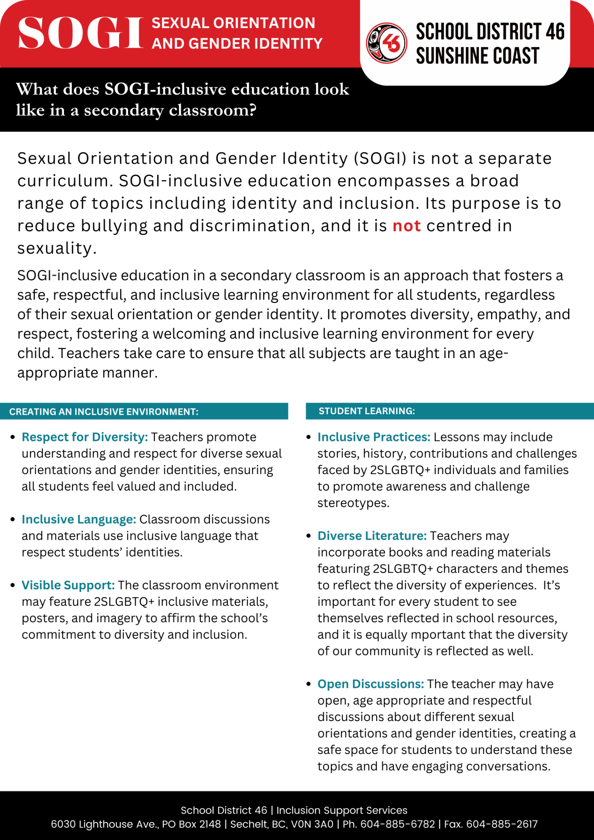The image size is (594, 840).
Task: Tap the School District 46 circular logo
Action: [386, 43]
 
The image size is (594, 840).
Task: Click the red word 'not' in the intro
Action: [407, 226]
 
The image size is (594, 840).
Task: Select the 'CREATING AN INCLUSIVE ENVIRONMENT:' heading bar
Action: [144, 411]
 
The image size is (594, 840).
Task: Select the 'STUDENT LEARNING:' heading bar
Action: [449, 411]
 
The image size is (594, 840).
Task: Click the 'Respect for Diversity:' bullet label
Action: [85, 437]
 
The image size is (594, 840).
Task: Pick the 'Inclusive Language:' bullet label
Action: [79, 519]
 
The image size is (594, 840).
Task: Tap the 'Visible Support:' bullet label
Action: [68, 585]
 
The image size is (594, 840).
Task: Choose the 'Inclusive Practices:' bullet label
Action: [374, 437]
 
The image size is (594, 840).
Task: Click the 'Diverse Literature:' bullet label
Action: [372, 536]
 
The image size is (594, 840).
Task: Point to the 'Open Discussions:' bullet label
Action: [370, 684]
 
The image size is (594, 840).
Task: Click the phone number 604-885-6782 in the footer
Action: [398, 824]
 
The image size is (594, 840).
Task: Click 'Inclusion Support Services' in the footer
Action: [342, 810]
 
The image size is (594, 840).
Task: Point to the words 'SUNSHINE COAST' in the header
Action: [477, 56]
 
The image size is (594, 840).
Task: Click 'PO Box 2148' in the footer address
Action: [191, 824]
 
